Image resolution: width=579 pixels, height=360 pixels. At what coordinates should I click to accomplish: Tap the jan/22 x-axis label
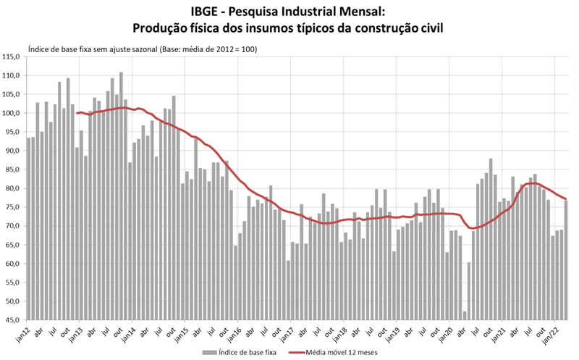pos(551,334)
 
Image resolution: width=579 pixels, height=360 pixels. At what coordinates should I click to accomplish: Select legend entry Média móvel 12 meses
pos(339,352)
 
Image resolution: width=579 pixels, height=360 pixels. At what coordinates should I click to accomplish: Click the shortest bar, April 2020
pos(464,315)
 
